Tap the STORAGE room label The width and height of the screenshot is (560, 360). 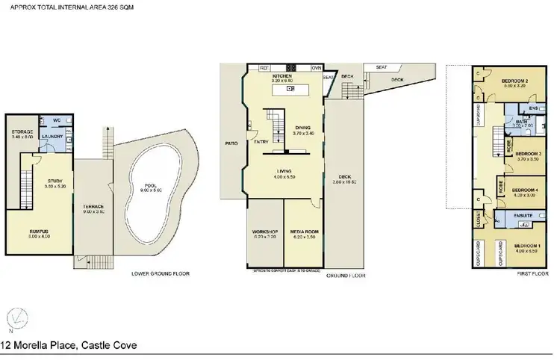coord(19,132)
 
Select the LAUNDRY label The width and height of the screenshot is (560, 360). coord(52,136)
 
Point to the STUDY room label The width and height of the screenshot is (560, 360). coord(54,180)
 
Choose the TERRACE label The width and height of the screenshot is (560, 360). coord(93,206)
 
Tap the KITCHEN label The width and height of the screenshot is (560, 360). coord(281,76)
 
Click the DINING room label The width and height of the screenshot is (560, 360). coord(302,128)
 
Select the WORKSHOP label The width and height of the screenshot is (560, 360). coord(265,232)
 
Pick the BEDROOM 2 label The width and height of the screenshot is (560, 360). coord(514,81)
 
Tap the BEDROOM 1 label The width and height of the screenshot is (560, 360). coord(527,246)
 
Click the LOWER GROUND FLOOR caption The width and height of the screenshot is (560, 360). coord(161,273)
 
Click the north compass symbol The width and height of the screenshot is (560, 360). coord(13,318)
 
